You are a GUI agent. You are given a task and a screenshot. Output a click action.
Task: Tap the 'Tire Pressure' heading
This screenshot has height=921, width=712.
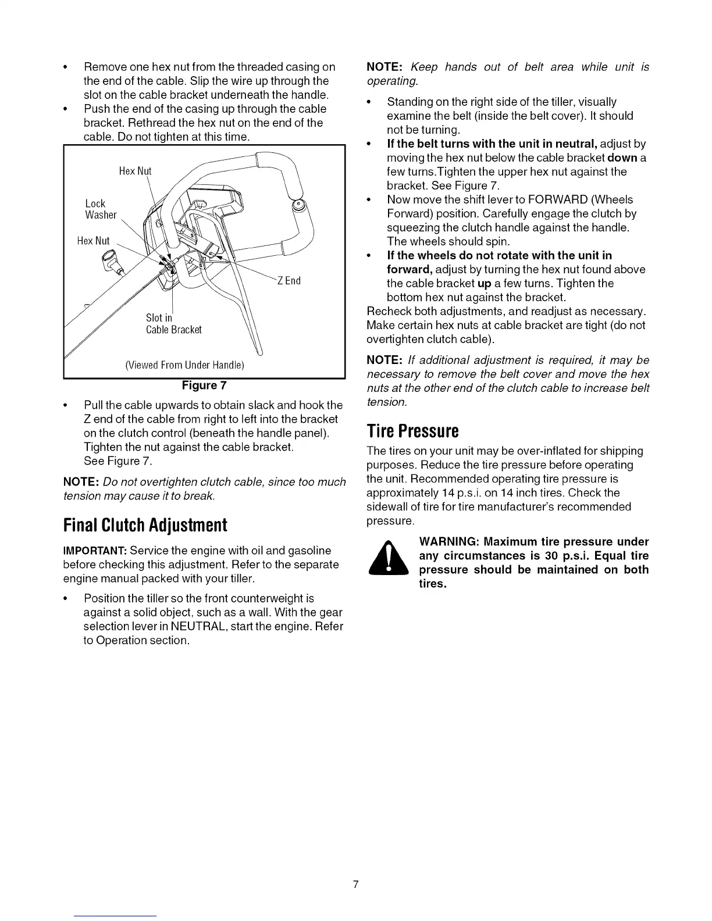(412, 431)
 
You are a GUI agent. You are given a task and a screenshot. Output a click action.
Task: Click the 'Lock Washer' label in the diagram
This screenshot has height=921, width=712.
(101, 209)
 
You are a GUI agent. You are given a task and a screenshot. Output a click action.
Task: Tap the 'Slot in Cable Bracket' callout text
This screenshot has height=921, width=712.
(173, 324)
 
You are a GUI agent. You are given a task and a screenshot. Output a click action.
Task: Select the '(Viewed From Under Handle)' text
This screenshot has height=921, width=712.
(184, 365)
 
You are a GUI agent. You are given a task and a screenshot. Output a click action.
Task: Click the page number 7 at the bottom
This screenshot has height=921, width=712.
(355, 885)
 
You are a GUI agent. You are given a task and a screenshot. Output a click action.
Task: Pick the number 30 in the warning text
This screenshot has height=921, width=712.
(552, 556)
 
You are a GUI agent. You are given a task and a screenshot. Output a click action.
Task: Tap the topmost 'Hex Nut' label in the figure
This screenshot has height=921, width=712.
(135, 171)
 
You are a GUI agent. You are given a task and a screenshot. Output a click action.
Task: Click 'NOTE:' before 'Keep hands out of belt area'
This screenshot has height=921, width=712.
(382, 67)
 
